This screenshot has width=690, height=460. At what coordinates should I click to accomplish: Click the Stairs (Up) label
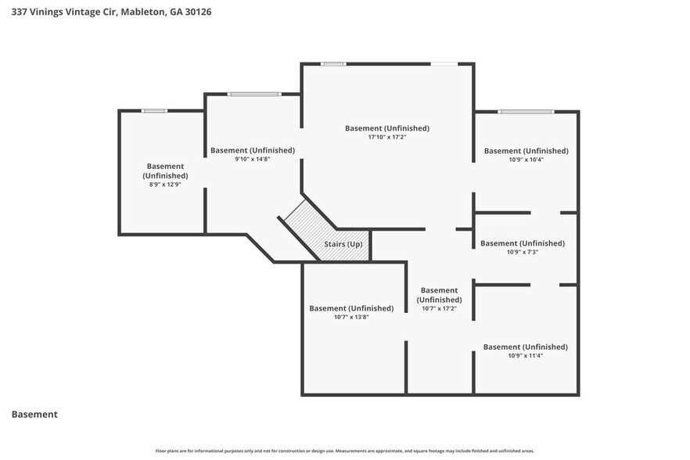343,244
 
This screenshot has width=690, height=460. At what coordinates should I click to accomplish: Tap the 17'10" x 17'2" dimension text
386,137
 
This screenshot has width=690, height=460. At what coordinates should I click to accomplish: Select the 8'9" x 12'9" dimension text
165,185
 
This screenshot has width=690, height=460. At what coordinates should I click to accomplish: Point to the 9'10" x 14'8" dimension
252,159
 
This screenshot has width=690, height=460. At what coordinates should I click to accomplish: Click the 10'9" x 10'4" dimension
526,160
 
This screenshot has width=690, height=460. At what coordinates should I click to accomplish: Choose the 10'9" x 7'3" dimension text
523,252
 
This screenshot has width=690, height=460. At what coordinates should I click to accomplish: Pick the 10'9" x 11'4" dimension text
526,355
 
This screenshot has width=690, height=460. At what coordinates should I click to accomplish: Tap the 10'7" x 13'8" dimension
351,317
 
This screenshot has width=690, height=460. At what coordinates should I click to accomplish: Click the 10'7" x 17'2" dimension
439,308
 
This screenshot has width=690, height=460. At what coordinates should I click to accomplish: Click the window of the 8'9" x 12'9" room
154,110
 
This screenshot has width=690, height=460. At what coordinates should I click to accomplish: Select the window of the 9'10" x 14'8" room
254,94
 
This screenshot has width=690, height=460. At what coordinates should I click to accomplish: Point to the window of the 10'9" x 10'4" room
526,111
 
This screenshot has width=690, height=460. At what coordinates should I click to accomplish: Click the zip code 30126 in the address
198,12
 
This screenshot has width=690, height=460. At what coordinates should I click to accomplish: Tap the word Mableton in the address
143,12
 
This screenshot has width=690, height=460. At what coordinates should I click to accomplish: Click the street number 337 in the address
17,12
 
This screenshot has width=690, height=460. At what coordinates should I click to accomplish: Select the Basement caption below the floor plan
34,414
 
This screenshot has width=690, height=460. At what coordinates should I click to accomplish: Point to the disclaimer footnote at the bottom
344,451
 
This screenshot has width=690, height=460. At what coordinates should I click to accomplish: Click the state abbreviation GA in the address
176,12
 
